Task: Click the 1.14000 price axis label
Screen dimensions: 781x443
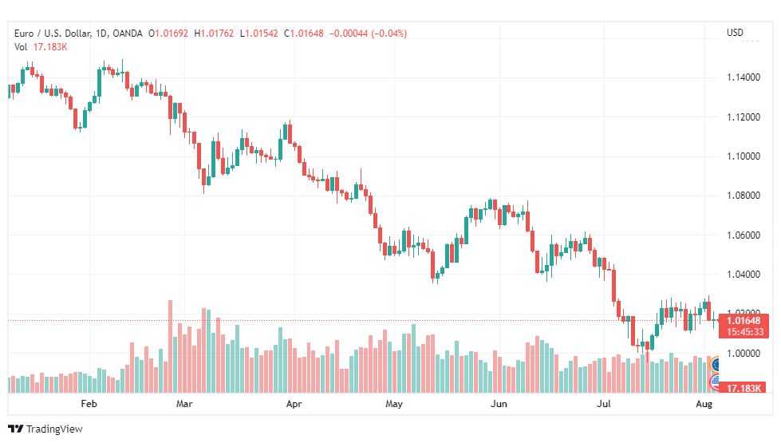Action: point(744,77)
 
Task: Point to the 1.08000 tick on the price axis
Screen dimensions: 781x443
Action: point(744,196)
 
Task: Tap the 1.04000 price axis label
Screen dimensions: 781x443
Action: point(744,274)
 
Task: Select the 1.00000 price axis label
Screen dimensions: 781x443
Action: point(744,354)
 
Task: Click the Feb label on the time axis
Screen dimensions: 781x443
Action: point(89,404)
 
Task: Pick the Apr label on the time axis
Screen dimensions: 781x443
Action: point(294,404)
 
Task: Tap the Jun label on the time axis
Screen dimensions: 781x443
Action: point(499,404)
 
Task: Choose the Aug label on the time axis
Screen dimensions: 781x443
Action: point(704,404)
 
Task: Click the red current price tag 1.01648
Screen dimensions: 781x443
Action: point(744,320)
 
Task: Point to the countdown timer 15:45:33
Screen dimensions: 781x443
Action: point(744,332)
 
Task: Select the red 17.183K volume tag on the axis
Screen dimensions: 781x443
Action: point(744,388)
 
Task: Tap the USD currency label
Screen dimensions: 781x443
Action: point(735,33)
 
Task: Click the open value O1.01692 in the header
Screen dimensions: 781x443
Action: point(168,34)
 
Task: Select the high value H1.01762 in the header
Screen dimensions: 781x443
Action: point(214,34)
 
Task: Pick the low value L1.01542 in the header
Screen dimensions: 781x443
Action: point(259,34)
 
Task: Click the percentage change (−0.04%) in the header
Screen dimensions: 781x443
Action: point(389,34)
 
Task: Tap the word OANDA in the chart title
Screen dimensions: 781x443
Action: point(128,34)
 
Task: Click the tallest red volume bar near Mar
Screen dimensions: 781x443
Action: point(171,346)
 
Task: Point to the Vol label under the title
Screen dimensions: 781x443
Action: point(21,47)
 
